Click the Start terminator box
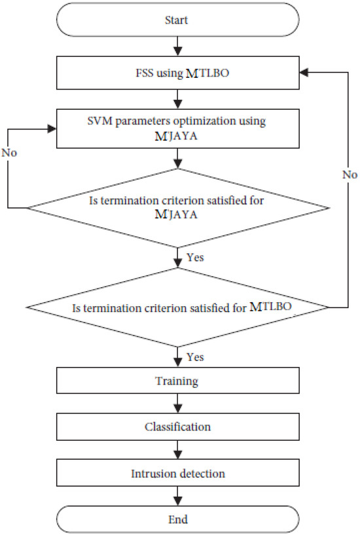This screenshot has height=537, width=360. pos(177,20)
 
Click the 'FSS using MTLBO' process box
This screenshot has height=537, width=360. pos(177,73)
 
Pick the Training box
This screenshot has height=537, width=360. pos(177,381)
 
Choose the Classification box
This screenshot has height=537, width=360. pos(177,426)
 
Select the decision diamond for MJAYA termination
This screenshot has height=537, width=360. pos(177,208)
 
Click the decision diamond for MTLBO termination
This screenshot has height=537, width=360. pos(177,307)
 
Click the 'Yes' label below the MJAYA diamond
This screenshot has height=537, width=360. pos(194,257)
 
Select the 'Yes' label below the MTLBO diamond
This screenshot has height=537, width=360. pos(194,357)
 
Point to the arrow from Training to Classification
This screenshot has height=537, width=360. pos(177,404)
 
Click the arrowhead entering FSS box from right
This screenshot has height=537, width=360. pos(302,73)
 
